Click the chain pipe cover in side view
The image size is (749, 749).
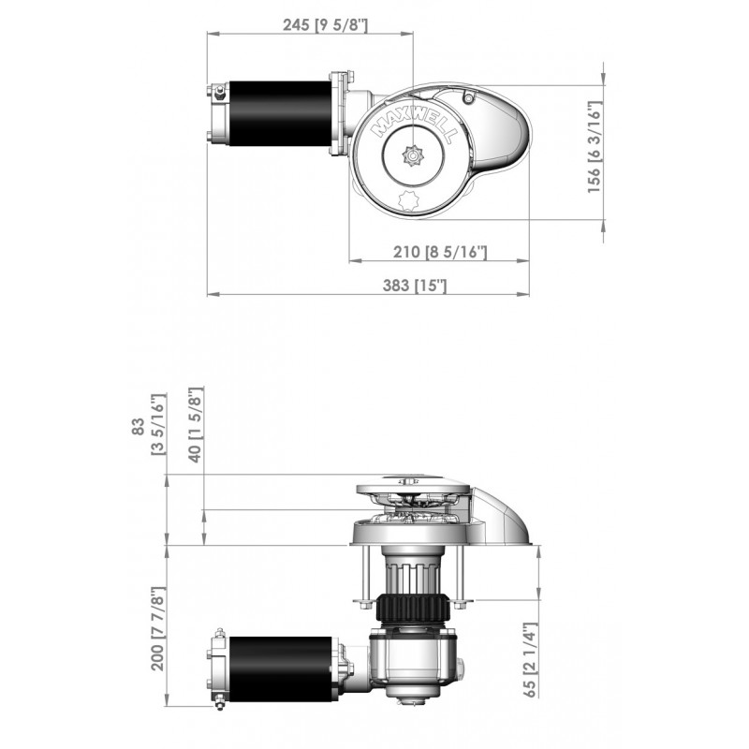pos(506,515)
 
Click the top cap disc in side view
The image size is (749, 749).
pos(412,487)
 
